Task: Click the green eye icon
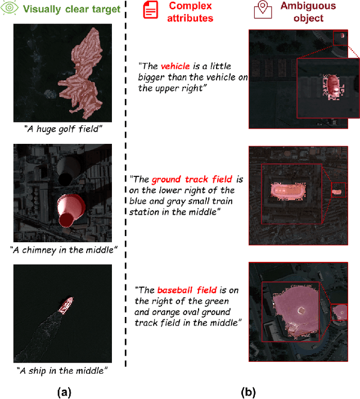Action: [x=9, y=7]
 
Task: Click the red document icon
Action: [x=150, y=10]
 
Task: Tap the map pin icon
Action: [x=263, y=10]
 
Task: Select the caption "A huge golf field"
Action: [x=63, y=129]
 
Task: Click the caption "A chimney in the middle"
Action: [x=64, y=250]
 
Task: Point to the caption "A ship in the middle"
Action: [x=62, y=370]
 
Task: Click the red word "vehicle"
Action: [x=175, y=66]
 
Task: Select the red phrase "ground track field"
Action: [x=192, y=179]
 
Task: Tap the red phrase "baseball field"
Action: [x=187, y=290]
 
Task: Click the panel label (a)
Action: [x=64, y=392]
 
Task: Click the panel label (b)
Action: [x=248, y=392]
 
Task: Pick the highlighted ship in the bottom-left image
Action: [x=66, y=305]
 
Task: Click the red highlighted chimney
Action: [x=70, y=210]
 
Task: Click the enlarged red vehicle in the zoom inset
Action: [x=333, y=87]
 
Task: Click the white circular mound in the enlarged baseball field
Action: [x=301, y=310]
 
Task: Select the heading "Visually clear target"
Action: [x=71, y=9]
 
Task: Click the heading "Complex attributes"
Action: [x=190, y=12]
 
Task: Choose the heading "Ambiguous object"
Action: [x=308, y=12]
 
